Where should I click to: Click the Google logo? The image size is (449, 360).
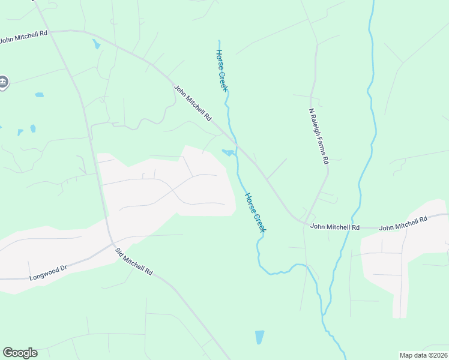pyautogui.click(x=20, y=353)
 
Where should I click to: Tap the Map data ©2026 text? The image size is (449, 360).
pyautogui.click(x=423, y=355)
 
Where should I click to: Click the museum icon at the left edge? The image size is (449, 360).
pyautogui.click(x=3, y=82)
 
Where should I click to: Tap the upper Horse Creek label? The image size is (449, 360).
pyautogui.click(x=221, y=70)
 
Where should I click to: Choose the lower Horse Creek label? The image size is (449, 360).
pyautogui.click(x=255, y=212)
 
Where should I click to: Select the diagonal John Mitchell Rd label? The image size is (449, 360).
pyautogui.click(x=193, y=104)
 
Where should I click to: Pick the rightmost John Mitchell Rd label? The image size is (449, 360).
pyautogui.click(x=403, y=224)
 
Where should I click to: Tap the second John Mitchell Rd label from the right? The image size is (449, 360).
pyautogui.click(x=335, y=227)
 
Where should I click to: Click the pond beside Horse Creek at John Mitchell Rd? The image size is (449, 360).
pyautogui.click(x=228, y=152)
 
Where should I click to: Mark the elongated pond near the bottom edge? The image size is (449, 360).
pyautogui.click(x=259, y=337)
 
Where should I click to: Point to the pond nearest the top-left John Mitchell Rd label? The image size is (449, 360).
pyautogui.click(x=96, y=44)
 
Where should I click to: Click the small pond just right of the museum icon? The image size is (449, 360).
pyautogui.click(x=40, y=95)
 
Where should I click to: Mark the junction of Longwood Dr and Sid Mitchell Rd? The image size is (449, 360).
pyautogui.click(x=111, y=243)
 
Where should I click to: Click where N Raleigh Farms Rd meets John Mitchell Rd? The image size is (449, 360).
pyautogui.click(x=306, y=221)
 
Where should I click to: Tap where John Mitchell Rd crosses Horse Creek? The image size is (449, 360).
pyautogui.click(x=236, y=142)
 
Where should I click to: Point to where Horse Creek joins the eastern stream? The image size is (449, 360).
pyautogui.click(x=324, y=315)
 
